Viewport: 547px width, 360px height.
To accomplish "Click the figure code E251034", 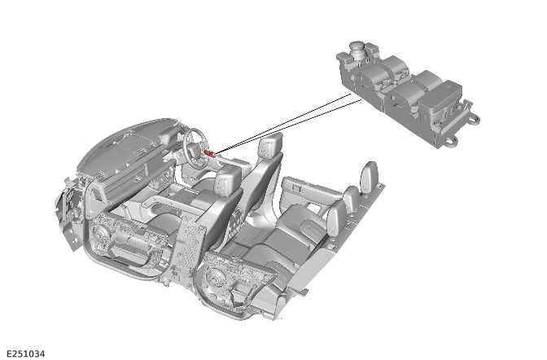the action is click(26, 353).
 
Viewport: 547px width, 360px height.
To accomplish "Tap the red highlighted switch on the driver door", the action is click(210, 152).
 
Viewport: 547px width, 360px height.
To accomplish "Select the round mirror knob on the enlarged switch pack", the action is click(359, 48).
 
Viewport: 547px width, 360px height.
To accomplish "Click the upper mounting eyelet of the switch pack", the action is click(473, 120).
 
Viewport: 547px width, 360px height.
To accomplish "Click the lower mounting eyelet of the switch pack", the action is click(450, 141).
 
